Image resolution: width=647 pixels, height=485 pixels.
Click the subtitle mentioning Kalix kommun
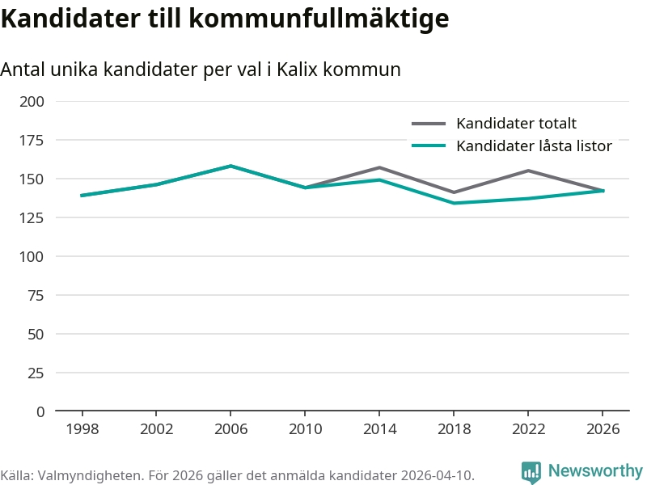click(x=201, y=70)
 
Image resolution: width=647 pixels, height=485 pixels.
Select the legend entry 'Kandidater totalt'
click(x=516, y=124)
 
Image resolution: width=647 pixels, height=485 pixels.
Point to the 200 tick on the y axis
click(x=33, y=101)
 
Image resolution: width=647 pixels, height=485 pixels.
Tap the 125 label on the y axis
click(x=33, y=217)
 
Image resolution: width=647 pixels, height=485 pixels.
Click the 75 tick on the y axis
click(x=36, y=295)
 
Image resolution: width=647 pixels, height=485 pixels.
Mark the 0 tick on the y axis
click(x=40, y=411)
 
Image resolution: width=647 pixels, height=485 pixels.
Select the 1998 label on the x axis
click(x=82, y=429)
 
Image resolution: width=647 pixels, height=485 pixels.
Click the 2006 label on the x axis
click(x=230, y=429)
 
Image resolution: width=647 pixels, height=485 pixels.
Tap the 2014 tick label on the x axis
click(x=379, y=429)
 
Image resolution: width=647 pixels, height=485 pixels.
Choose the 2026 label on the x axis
click(x=603, y=429)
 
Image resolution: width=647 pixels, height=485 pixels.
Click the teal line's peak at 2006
click(x=230, y=166)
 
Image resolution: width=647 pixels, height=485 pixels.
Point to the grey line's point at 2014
click(x=379, y=167)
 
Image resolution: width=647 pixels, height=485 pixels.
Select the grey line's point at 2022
click(x=528, y=171)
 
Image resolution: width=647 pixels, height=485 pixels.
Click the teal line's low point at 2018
click(x=454, y=203)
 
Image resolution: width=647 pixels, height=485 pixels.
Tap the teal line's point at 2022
click(x=528, y=198)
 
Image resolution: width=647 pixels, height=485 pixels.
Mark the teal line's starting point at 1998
click(x=82, y=196)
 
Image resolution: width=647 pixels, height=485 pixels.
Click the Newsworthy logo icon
click(x=531, y=472)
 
